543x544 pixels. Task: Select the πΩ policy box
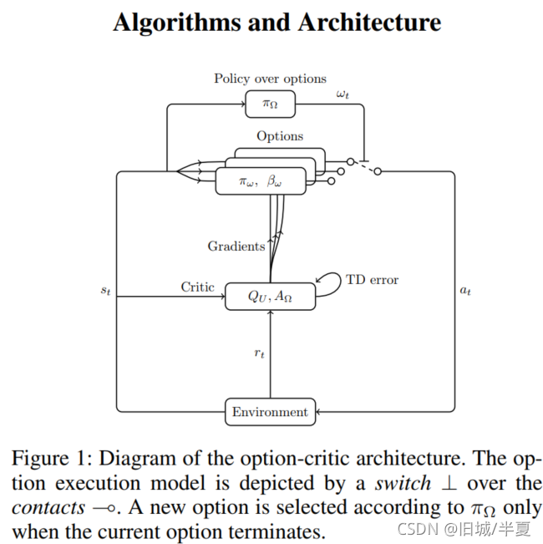270,104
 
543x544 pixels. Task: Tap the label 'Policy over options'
270,79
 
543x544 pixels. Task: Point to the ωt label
343,94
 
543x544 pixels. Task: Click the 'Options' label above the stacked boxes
280,135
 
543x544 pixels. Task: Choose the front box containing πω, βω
260,181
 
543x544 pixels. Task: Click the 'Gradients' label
236,246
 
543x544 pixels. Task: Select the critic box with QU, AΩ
271,297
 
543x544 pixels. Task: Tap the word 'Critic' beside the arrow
198,287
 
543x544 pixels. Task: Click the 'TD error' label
372,280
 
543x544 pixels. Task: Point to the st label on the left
105,292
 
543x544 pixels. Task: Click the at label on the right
465,292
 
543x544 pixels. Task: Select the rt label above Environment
260,353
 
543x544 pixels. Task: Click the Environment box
271,412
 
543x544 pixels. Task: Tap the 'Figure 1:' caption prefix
53,459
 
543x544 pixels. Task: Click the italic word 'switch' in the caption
403,483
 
